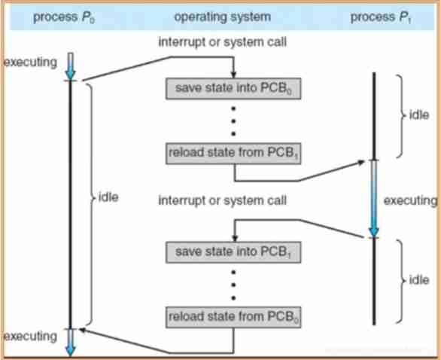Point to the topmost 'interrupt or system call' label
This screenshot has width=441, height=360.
pos(223,42)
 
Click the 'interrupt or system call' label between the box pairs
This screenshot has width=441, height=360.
pos(223,200)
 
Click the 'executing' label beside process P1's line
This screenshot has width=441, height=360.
pos(410,201)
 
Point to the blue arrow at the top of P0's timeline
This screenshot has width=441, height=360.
pos(70,65)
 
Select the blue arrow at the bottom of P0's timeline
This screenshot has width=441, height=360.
pos(70,340)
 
